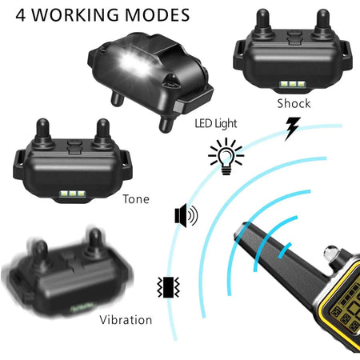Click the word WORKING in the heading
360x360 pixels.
[75, 15]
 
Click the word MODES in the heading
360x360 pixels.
[158, 15]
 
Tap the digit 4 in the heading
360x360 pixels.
[21, 15]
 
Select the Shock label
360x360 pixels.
[294, 103]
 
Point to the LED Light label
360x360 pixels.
[216, 123]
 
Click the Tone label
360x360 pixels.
[136, 199]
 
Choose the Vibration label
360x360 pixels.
[126, 320]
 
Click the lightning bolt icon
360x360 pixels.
[293, 129]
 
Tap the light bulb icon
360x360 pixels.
[226, 156]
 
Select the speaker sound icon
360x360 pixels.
[186, 215]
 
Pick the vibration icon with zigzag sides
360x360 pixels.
[168, 287]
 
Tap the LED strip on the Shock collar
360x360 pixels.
[292, 85]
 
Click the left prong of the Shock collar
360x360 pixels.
[262, 22]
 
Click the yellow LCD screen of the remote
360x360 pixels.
[345, 306]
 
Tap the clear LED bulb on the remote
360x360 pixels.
[331, 254]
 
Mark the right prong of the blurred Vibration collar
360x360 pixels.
[94, 242]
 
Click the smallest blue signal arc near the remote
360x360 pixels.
[285, 250]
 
